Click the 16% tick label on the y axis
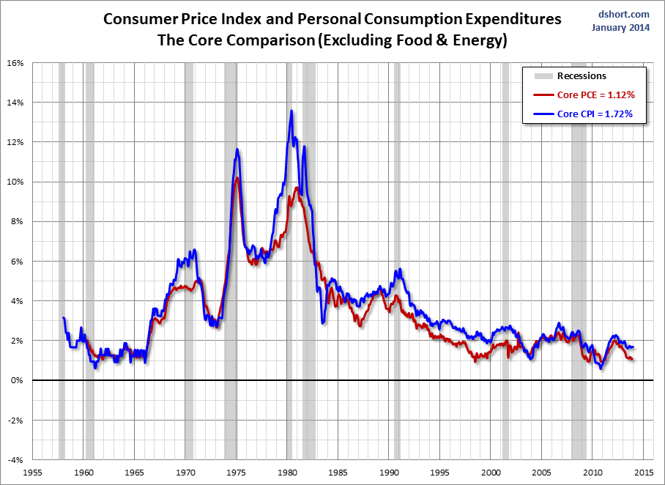coord(15,63)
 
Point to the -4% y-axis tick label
coord(15,460)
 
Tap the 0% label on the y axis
coord(18,381)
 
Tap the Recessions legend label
coord(582,76)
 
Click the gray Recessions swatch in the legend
coord(543,76)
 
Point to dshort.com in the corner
coord(624,15)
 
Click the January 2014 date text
coord(620,28)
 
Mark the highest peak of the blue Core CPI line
coord(291,111)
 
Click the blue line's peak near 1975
coord(237,149)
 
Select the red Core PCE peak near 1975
coord(237,178)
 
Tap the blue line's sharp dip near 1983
coord(323,323)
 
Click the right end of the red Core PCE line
coord(632,360)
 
